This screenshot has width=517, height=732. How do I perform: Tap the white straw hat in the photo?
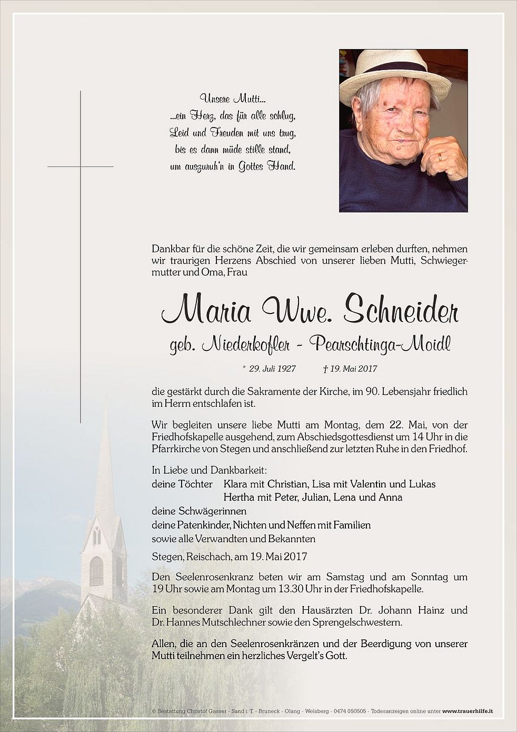[394, 74]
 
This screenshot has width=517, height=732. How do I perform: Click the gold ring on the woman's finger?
[440, 157]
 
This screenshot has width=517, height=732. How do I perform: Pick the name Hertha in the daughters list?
[237, 497]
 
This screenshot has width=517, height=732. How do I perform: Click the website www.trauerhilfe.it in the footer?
[468, 711]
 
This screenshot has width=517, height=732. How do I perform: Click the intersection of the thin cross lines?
[81, 167]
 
